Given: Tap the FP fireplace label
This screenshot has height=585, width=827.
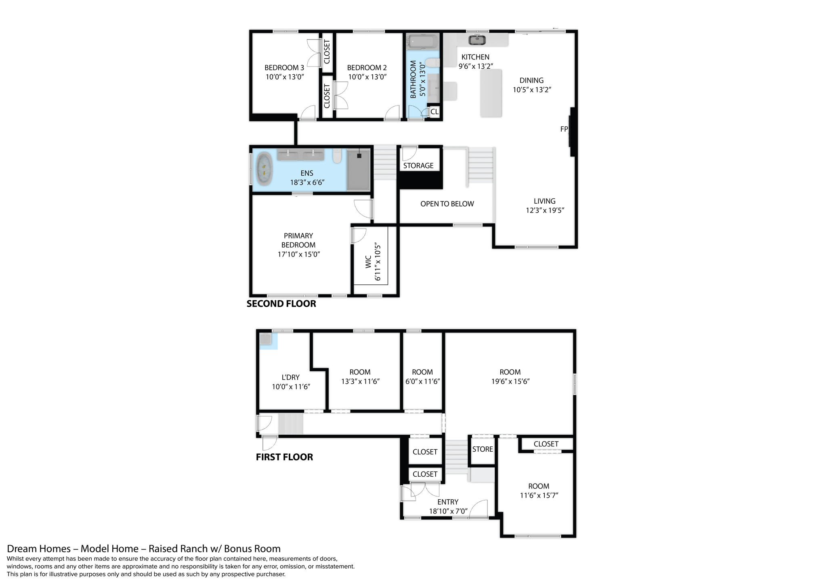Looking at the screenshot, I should [x=564, y=129].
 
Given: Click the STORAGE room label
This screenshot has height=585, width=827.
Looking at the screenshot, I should [x=418, y=166].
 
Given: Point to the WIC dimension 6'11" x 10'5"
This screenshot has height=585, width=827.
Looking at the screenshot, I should [x=378, y=261].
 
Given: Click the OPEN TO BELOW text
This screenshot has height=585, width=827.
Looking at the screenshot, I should [x=447, y=204].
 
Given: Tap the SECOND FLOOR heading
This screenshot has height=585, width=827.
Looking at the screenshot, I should [x=281, y=304].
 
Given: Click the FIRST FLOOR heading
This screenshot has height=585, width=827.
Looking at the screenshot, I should [x=284, y=457].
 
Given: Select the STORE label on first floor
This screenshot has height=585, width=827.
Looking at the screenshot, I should [x=483, y=449].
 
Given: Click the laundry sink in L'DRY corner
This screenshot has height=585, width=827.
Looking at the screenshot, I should [x=266, y=339].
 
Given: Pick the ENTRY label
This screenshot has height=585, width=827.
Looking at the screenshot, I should [x=448, y=502].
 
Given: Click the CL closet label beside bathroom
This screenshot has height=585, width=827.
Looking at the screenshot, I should [x=434, y=112].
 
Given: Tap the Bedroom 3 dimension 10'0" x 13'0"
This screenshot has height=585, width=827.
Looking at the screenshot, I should [x=284, y=77].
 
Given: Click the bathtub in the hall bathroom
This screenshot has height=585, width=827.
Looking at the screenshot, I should [x=422, y=41].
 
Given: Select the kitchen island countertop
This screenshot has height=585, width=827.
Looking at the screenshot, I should [x=491, y=93].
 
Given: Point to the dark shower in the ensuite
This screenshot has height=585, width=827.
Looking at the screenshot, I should [x=358, y=170].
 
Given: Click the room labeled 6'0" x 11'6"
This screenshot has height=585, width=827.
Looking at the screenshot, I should [x=422, y=377].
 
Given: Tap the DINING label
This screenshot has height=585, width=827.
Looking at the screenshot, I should [x=531, y=80].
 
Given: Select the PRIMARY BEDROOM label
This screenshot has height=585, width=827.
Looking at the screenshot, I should [x=298, y=240].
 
